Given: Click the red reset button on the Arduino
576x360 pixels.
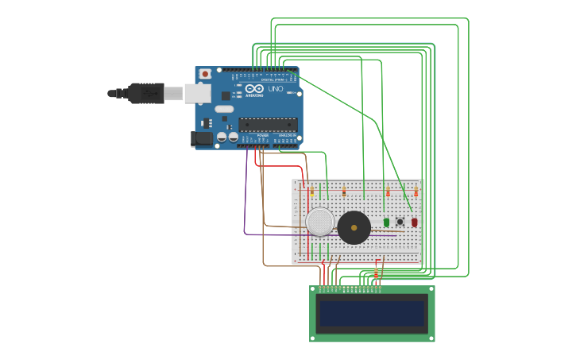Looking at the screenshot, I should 205,74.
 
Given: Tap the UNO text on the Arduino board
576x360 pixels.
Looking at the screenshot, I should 276,89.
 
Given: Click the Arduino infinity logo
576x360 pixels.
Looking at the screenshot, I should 254,89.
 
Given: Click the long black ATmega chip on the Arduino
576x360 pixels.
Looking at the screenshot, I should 269,124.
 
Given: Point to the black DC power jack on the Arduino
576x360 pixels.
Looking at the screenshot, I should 203,138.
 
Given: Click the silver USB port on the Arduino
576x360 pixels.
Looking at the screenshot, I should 198,93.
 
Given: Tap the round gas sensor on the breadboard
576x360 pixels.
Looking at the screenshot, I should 320,222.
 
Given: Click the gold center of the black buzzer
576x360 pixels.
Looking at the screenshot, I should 354,227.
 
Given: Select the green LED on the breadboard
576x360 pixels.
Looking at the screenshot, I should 386,223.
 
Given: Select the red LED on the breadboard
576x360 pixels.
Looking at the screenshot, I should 414,223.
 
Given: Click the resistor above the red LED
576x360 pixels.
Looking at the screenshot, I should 416,192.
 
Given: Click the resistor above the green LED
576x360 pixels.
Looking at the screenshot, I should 388,192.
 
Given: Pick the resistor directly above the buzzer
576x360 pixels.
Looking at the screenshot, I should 344,192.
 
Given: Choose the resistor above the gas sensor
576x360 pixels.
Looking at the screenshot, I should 312,192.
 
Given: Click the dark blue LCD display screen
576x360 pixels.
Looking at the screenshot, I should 372,314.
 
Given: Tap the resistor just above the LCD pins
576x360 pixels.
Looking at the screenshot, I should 377,273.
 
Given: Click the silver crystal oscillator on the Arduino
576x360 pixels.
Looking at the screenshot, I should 225,109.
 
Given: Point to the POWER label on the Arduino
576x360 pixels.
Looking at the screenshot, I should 262,135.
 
